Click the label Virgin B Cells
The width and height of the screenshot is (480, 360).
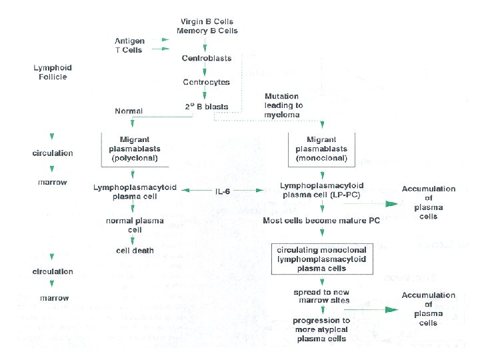coord(207,22)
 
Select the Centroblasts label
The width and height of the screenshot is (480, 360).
coord(207,58)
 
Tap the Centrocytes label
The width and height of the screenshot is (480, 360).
coord(207,82)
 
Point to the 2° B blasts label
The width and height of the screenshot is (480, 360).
coord(207,106)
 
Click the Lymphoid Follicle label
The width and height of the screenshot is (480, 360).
coord(53,72)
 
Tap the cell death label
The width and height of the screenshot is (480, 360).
coord(135,251)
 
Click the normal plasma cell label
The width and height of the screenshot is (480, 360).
coord(135,225)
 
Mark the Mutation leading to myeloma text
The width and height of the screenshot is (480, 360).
coord(283,105)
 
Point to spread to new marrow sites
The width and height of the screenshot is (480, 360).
coord(322,296)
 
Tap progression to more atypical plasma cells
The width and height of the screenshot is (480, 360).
coord(322,329)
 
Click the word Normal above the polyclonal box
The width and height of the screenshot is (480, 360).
coord(129,111)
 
